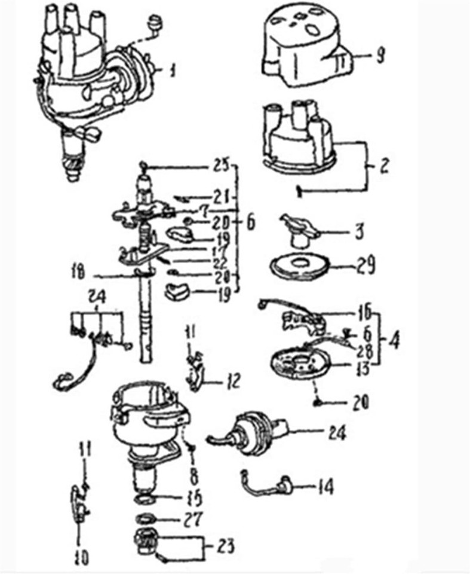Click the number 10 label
tap(82, 558)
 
